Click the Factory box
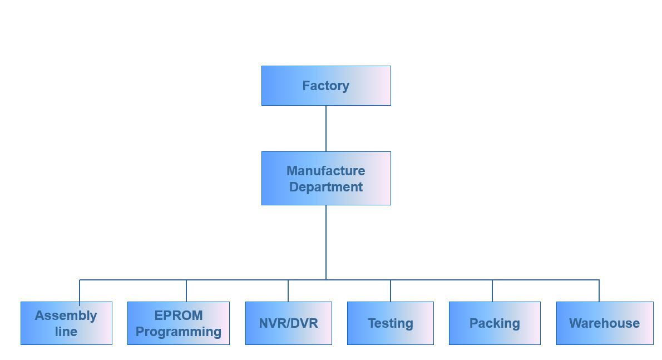(x=326, y=86)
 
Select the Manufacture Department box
(x=326, y=178)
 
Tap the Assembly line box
(x=66, y=323)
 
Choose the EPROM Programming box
(x=179, y=323)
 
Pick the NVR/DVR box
(x=288, y=323)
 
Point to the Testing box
(x=391, y=323)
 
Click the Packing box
(x=495, y=323)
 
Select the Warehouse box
(x=605, y=323)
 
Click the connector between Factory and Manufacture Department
(x=326, y=129)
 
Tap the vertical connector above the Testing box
(x=391, y=291)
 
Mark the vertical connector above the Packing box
(x=492, y=291)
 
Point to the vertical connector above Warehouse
(x=599, y=291)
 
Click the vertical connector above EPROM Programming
(x=186, y=291)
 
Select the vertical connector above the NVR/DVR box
(x=288, y=291)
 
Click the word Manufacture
(x=326, y=170)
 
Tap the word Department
(x=326, y=187)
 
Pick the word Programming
(x=179, y=332)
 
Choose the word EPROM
(x=179, y=315)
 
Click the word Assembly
(x=66, y=315)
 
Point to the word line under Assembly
(x=66, y=331)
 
